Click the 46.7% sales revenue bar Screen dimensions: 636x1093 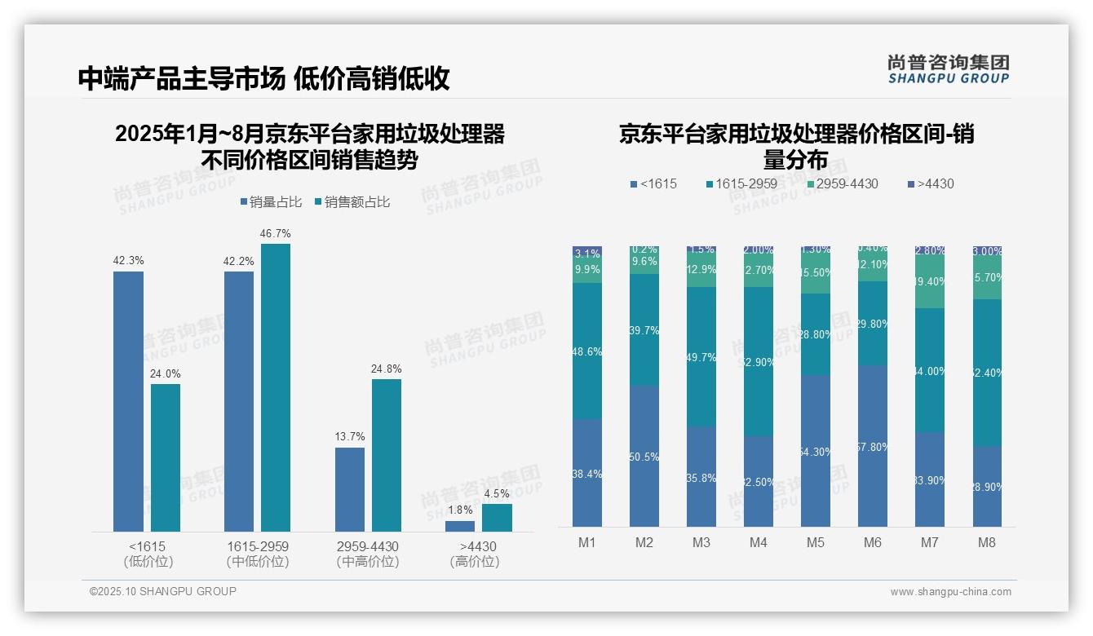pos(276,387)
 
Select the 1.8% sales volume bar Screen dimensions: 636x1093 pos(460,526)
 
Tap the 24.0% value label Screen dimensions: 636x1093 pos(166,374)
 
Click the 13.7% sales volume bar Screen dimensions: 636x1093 pos(350,489)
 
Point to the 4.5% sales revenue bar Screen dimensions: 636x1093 pos(497,518)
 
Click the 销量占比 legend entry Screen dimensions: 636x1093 pos(271,202)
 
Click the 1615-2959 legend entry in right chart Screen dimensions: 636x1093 pos(741,183)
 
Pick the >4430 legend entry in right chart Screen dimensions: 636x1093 pos(931,183)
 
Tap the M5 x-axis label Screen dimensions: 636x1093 pos(816,543)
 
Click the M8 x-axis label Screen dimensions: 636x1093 pos(987,543)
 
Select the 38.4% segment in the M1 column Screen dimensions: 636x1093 pos(587,473)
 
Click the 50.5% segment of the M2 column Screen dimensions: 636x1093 pos(644,457)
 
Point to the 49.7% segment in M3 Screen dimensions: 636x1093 pos(701,357)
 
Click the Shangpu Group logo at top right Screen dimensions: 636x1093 pos(948,68)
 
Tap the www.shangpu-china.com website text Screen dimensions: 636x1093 pos(950,592)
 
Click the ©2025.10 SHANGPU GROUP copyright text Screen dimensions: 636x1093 pos(163,591)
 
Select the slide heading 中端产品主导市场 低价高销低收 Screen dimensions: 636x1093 pos(263,78)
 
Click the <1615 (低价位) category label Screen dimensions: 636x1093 pos(148,554)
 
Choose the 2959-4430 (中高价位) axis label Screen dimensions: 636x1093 pos(368,554)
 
